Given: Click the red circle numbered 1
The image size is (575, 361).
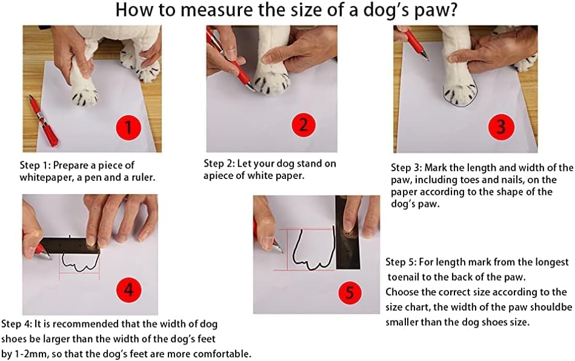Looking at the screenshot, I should (128, 127).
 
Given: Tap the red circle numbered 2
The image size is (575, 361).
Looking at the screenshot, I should (304, 125).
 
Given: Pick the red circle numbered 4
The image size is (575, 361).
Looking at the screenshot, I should (128, 290).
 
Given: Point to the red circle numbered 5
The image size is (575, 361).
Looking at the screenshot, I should (350, 292).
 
